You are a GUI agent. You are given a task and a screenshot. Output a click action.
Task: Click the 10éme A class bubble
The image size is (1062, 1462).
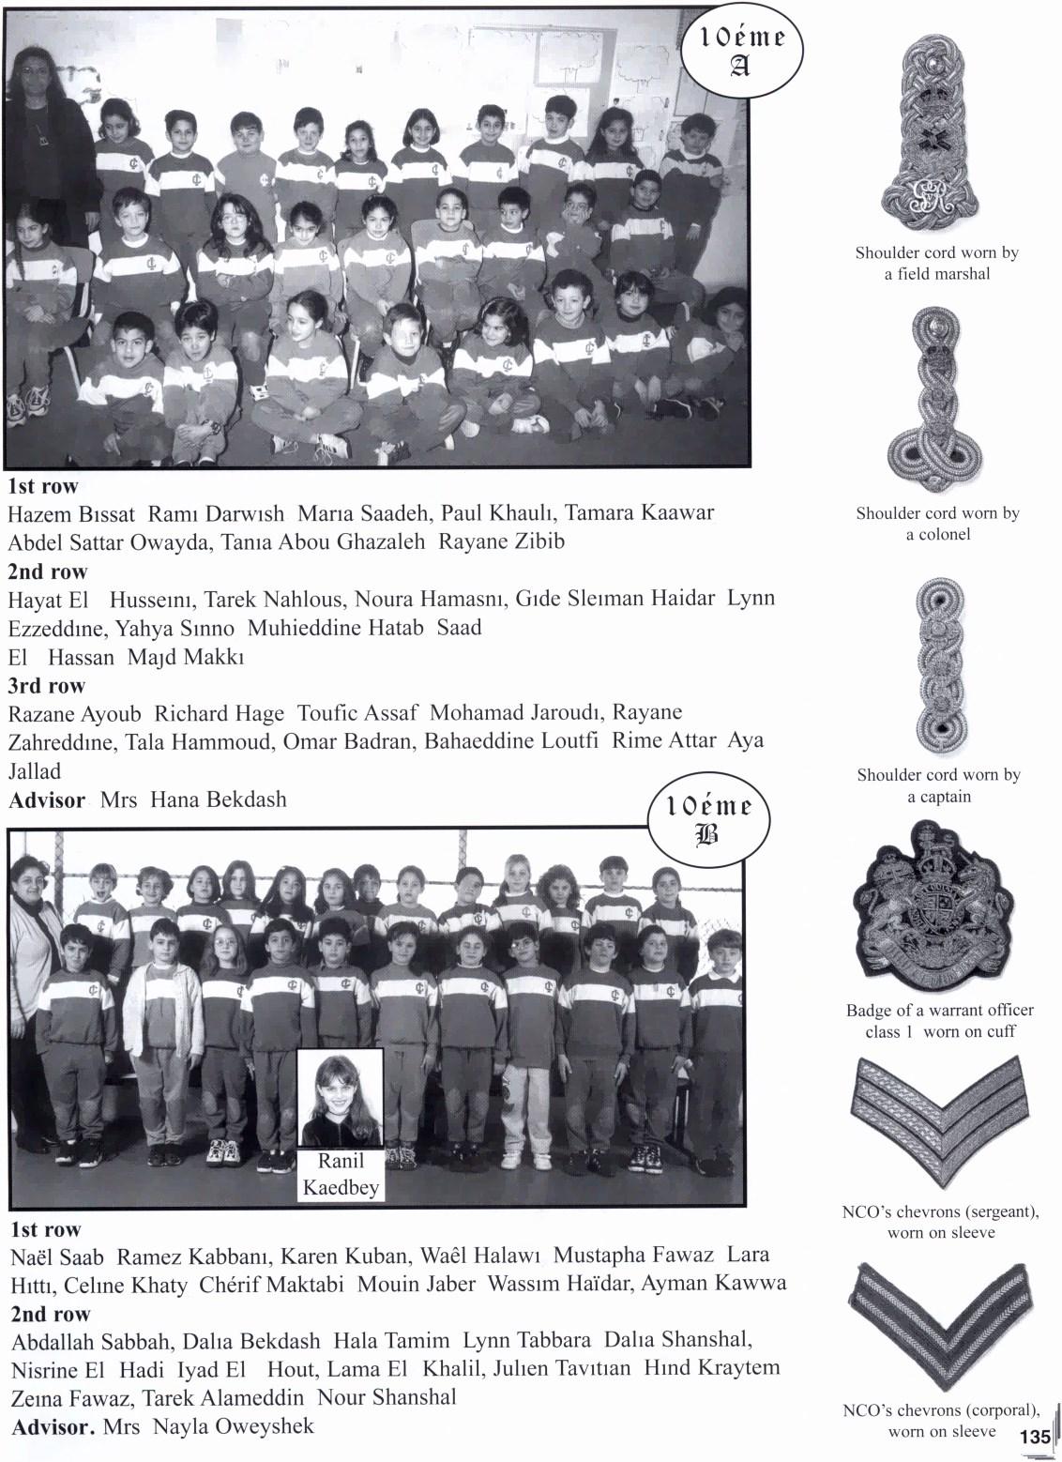tap(740, 51)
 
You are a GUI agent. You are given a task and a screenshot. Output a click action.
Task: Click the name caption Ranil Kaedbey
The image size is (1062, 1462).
tap(341, 1175)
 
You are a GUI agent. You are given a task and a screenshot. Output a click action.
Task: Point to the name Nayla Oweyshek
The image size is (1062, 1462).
tap(233, 1427)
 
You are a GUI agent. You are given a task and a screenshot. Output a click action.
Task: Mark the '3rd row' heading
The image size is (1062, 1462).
tap(47, 685)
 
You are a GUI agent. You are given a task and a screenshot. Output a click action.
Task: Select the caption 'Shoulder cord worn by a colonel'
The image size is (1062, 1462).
tap(936, 524)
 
